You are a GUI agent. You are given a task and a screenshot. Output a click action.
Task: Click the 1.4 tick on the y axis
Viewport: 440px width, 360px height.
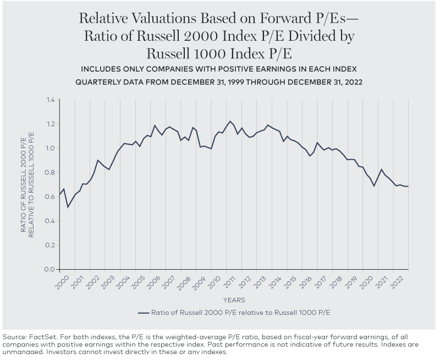coord(51,100)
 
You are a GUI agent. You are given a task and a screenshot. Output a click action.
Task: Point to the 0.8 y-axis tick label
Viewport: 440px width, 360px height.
coord(51,172)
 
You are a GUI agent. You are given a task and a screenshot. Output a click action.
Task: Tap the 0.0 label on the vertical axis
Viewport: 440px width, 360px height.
coord(51,269)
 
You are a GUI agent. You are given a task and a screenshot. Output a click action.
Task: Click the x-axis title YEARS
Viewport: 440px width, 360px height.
coord(234,300)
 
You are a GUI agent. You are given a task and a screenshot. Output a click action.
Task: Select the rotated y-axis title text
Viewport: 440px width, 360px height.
coord(27,184)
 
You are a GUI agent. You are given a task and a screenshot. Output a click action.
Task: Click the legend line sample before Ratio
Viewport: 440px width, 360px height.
coord(144,313)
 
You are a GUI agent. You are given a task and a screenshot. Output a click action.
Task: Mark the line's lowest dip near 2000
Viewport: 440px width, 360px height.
coord(68,207)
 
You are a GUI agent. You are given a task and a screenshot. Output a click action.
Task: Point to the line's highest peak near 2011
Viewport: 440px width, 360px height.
coord(230,121)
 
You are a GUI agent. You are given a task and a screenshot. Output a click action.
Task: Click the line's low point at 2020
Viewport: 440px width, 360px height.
coord(375,186)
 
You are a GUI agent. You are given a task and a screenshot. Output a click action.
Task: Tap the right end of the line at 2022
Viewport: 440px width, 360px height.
coord(408,187)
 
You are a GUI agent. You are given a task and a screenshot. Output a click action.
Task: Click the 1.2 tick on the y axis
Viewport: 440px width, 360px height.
coord(51,124)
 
